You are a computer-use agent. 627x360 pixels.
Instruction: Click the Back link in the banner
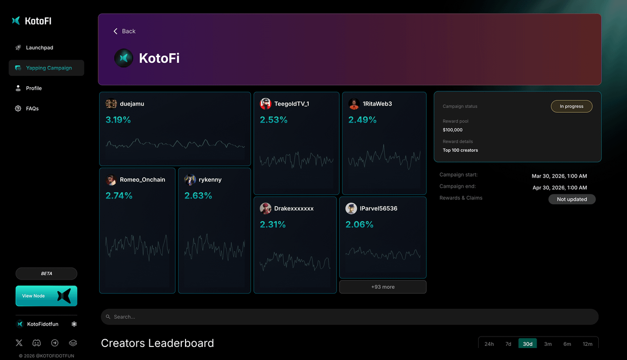[x=125, y=31]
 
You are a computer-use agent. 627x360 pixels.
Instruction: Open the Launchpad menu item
[x=39, y=48]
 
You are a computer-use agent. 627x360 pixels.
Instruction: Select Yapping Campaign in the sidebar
[x=49, y=68]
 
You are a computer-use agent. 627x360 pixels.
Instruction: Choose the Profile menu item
[x=33, y=88]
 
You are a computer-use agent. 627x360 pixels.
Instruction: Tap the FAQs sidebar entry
[x=32, y=109]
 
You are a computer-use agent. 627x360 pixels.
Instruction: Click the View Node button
[x=46, y=296]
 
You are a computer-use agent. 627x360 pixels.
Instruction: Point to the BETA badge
[x=47, y=274]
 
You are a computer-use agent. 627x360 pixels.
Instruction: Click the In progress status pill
[x=571, y=107]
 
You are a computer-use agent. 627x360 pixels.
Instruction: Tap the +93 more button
[x=382, y=287]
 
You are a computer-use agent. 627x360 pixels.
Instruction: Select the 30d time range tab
[x=527, y=344]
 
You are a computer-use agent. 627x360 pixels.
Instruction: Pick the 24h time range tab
[x=489, y=344]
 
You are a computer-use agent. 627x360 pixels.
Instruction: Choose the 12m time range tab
[x=587, y=344]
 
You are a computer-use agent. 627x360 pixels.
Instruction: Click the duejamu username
[x=132, y=104]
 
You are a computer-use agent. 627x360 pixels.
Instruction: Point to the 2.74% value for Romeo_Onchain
[x=119, y=196]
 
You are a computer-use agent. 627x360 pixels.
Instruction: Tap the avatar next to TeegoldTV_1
[x=265, y=104]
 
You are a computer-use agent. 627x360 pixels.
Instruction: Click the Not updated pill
[x=572, y=199]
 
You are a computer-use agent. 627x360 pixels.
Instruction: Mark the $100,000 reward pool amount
[x=452, y=130]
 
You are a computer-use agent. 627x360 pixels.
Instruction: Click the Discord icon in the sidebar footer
[x=37, y=343]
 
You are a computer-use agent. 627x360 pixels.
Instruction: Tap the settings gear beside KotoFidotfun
[x=74, y=324]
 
